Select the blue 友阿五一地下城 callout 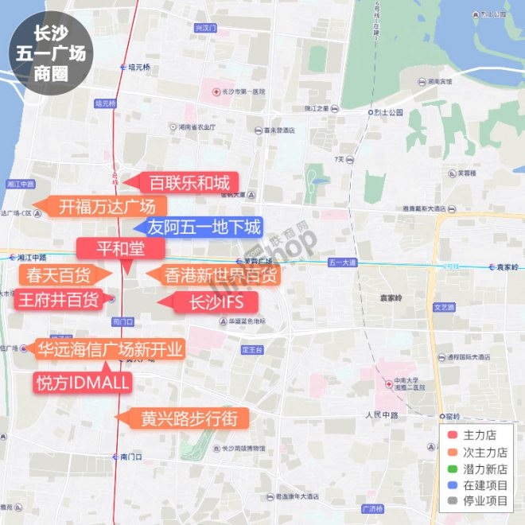[x=204, y=227]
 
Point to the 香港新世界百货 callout [x=220, y=276]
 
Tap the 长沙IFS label [x=212, y=302]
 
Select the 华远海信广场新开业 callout [x=110, y=349]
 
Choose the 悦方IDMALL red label [x=82, y=382]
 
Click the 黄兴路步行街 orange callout [x=188, y=418]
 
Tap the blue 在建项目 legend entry [x=480, y=485]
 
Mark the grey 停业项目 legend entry [x=480, y=501]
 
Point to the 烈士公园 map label [x=390, y=112]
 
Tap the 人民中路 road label [x=382, y=415]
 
